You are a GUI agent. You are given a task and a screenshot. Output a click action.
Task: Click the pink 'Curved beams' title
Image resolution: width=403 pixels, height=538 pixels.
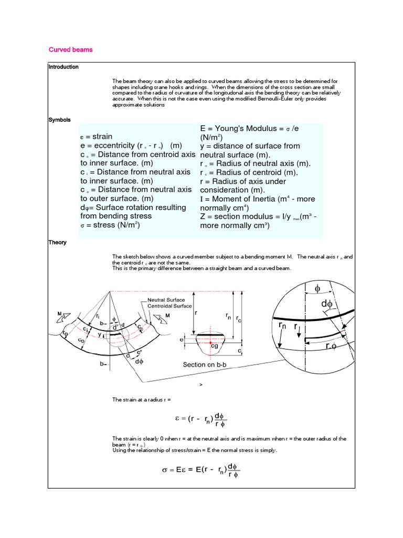70,49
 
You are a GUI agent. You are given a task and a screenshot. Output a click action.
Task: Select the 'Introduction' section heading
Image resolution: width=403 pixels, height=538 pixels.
63,67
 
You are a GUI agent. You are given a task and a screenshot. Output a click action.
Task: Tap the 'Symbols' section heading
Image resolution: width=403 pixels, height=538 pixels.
59,120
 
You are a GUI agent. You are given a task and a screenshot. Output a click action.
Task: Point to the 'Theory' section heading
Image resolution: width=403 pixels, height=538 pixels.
57,243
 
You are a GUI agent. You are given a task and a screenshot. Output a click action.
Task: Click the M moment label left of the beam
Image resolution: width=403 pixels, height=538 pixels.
59,314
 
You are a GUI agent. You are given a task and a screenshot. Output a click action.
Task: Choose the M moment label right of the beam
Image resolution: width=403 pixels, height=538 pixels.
168,315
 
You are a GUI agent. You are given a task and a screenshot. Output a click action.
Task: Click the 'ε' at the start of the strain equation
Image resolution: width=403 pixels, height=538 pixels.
177,419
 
